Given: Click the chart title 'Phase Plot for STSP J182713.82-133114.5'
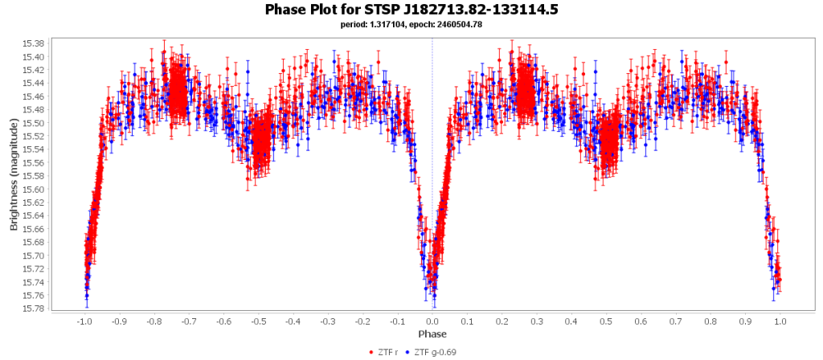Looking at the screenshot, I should coord(411,10).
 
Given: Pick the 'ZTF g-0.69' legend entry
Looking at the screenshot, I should coord(434,352).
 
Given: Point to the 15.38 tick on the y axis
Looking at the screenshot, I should coord(35,43).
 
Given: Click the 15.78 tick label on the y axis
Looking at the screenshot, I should coord(35,309).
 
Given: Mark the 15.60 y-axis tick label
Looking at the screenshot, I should coord(35,190).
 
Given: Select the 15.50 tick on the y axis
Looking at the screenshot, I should coord(35,123).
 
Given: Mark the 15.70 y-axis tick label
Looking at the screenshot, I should coord(35,256).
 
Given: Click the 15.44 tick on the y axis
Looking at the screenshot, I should coord(35,84).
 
